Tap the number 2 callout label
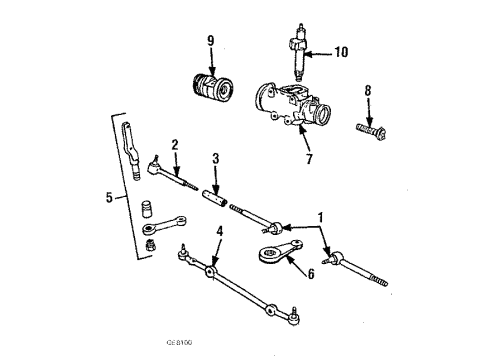(174, 145)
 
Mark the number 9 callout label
(210, 42)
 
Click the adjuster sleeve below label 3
(216, 197)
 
